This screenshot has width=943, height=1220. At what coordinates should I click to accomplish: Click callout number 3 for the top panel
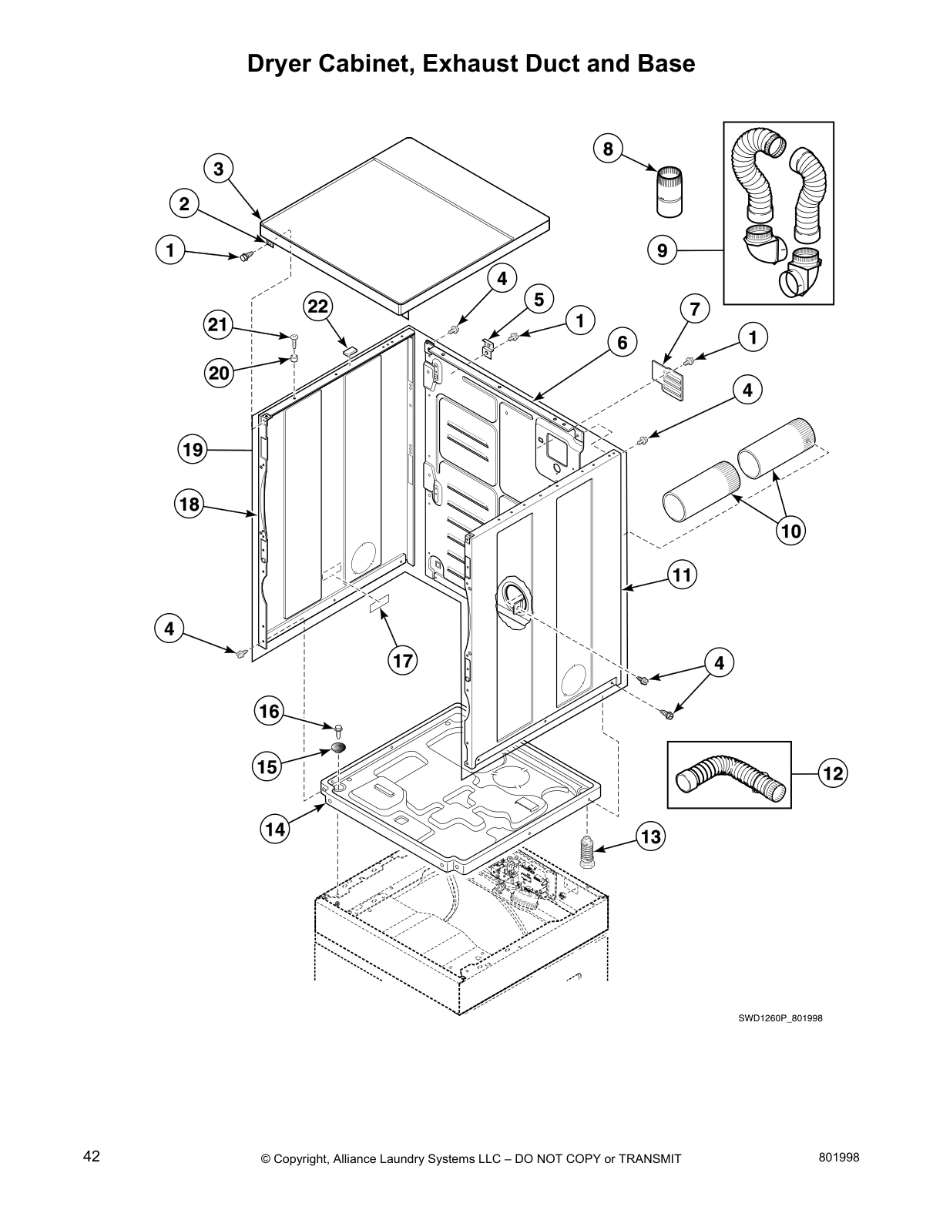219,169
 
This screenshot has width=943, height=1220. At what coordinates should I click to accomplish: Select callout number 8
608,148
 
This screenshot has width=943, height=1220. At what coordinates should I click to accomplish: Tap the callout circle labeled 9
663,250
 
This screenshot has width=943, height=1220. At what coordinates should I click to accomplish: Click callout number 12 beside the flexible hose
833,773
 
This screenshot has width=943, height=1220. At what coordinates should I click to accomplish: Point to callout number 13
651,836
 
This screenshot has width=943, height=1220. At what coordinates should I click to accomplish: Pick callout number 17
402,660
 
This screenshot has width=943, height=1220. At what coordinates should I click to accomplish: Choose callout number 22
318,307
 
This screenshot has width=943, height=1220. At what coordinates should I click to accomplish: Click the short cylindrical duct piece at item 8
669,191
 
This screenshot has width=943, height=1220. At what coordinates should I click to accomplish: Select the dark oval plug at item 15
339,746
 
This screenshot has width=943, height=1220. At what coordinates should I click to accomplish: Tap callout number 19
193,448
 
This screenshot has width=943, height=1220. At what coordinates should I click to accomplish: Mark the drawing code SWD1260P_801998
780,1017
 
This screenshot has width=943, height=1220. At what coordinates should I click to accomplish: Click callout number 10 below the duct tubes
791,531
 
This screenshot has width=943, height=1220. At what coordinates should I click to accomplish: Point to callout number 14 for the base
276,829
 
